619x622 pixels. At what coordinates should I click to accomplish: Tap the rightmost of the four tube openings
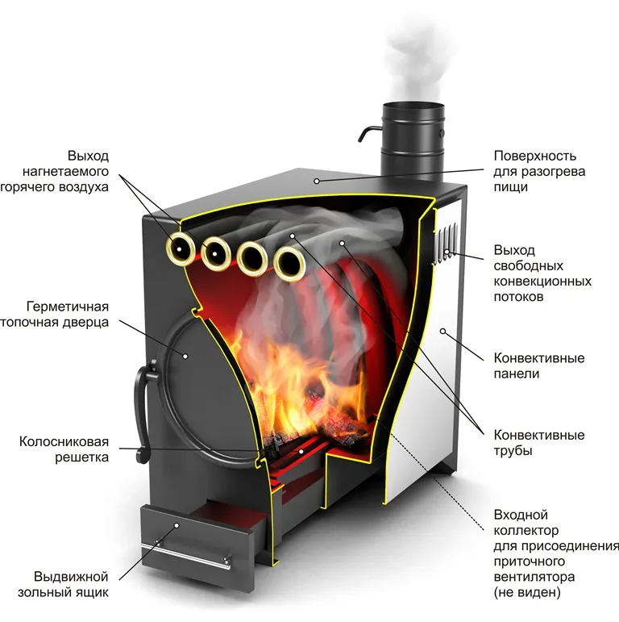coord(288,261)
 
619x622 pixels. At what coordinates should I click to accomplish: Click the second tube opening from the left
coord(217,254)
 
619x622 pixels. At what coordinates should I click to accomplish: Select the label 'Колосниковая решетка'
coord(64,451)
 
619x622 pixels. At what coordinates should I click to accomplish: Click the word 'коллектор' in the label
coord(525,530)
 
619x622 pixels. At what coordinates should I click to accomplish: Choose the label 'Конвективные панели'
coord(539,365)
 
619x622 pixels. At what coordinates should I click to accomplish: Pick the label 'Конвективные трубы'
coord(539,443)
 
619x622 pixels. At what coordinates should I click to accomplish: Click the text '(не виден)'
coord(526,593)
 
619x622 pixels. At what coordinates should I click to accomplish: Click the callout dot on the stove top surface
coord(318,181)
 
